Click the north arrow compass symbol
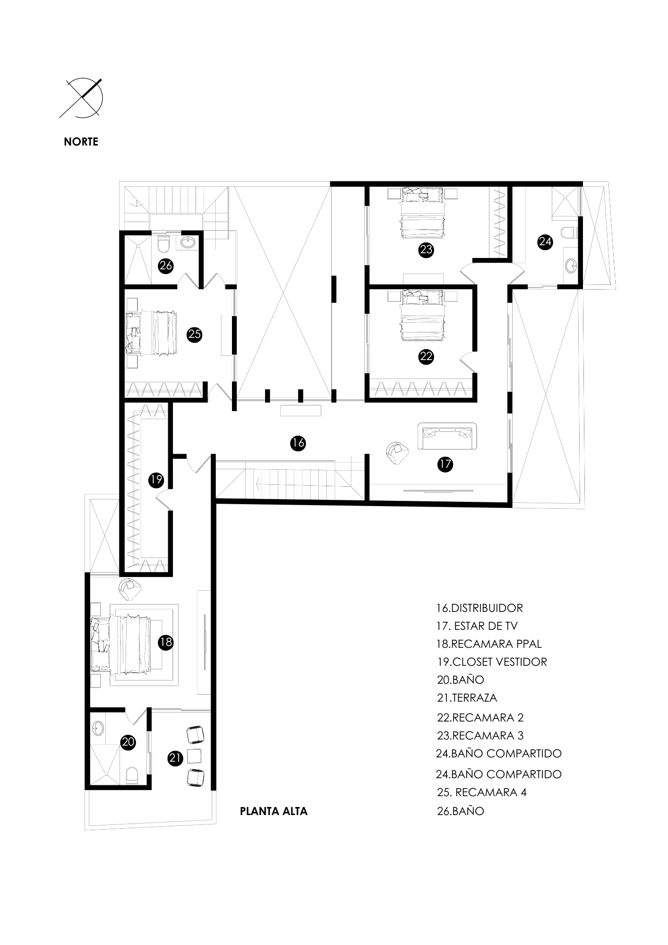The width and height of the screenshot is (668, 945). [83, 98]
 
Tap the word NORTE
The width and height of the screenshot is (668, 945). [81, 142]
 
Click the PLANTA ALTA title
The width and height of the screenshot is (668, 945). [274, 811]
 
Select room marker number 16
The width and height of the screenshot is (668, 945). [298, 443]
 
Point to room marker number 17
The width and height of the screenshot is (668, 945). [445, 464]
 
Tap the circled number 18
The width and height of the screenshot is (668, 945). [165, 643]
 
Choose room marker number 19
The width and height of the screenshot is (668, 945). [156, 480]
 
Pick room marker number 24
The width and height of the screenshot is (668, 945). [545, 242]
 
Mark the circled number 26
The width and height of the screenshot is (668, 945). [166, 266]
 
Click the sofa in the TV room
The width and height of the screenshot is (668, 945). [447, 437]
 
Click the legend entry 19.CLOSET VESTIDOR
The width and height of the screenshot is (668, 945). [492, 661]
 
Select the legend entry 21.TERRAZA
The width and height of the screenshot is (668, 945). [467, 697]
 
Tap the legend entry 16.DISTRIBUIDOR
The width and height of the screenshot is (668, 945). [480, 608]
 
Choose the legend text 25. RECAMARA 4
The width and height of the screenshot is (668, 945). [481, 792]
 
